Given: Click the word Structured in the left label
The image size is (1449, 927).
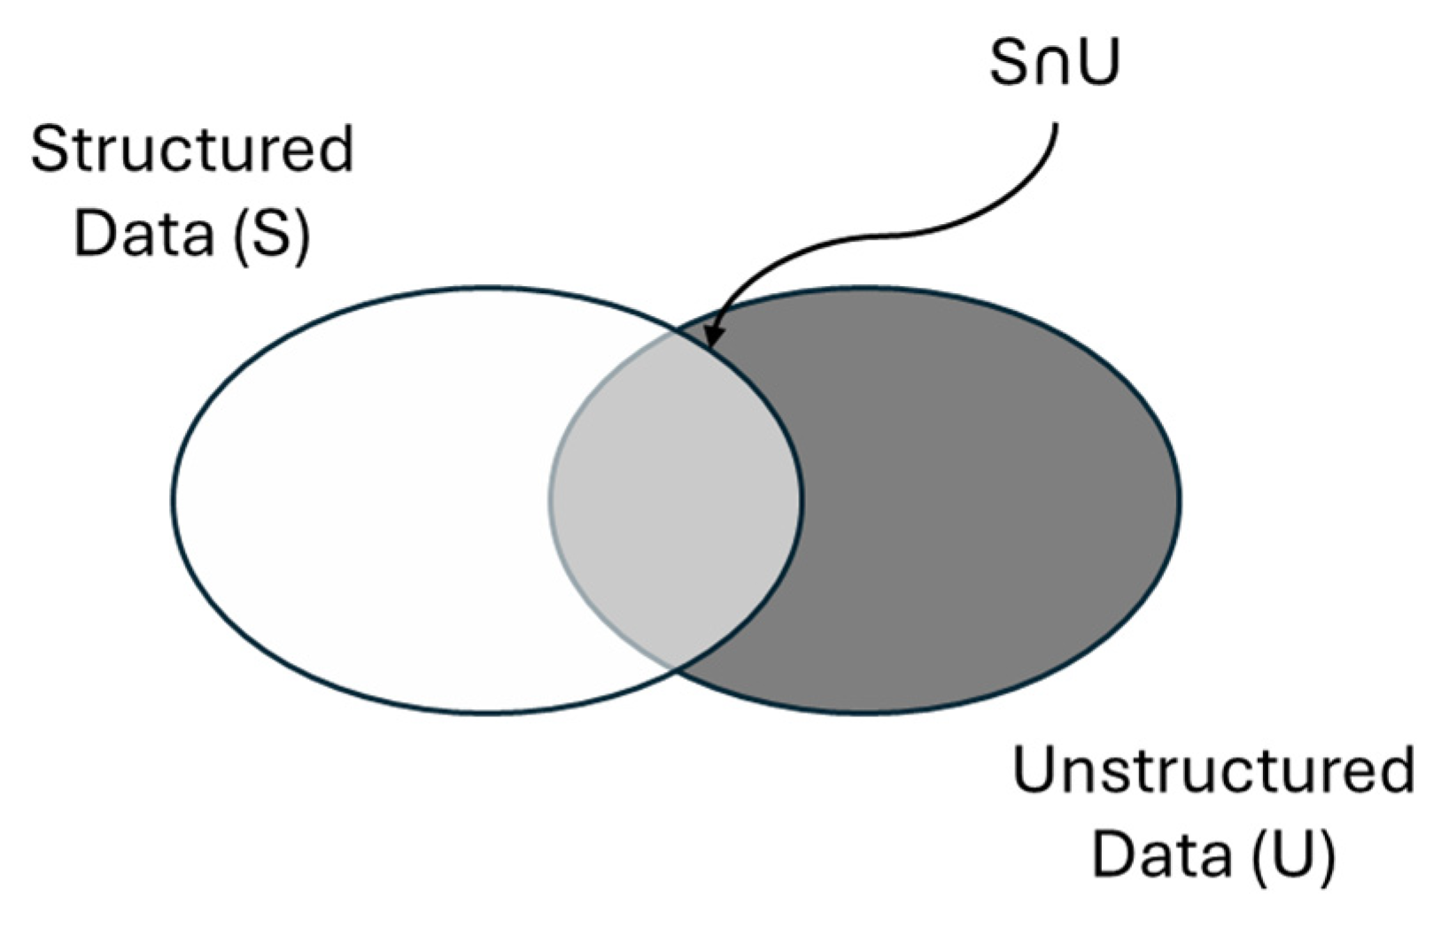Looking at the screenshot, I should [192, 149].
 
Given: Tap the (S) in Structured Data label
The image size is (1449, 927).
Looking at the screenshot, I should [272, 234].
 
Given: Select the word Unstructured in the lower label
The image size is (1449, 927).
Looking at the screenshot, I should [1213, 770].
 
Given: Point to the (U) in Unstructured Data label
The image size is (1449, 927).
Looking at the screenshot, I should [1294, 855].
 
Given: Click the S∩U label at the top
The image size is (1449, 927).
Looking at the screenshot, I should [1054, 63].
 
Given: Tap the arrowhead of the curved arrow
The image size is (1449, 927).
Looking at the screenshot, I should [712, 338].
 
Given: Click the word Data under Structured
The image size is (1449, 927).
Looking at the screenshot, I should [143, 234].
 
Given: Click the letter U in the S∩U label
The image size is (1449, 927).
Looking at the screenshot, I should [1099, 63].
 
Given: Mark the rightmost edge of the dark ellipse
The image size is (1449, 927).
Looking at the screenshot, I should [1180, 500].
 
